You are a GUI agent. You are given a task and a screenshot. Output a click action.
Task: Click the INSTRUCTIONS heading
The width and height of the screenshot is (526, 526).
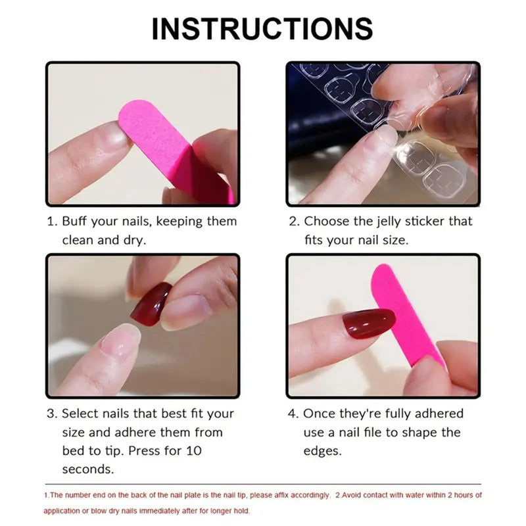[x=262, y=28]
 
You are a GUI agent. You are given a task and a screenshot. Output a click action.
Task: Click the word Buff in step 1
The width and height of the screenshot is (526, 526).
[x=76, y=222]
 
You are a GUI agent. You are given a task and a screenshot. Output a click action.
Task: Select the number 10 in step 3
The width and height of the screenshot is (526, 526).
[x=194, y=451]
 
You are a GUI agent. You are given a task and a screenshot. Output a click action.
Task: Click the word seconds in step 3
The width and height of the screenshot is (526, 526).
[x=88, y=469]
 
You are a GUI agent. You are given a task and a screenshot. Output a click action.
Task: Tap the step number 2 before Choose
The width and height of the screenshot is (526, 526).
[x=294, y=222]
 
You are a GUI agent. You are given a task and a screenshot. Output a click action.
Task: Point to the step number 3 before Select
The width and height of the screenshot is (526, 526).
[x=51, y=414]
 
